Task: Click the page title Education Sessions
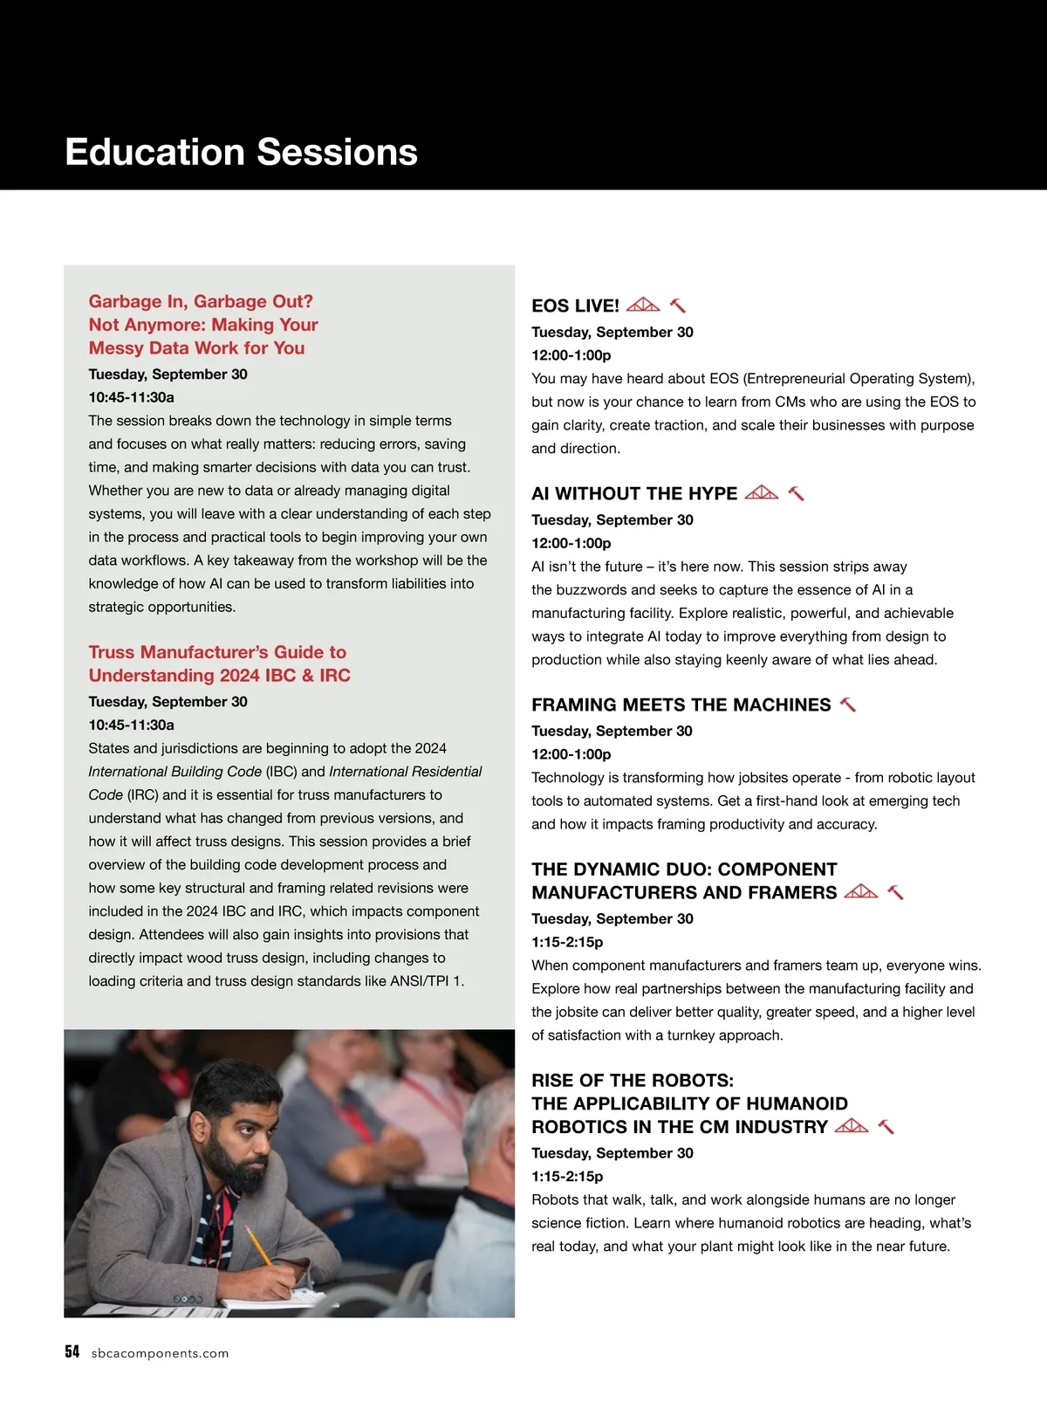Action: [242, 152]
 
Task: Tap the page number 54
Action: [72, 1352]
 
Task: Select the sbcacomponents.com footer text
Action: [160, 1353]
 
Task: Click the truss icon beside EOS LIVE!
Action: [643, 305]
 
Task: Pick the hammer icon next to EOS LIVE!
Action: [678, 306]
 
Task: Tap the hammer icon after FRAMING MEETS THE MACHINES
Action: [847, 704]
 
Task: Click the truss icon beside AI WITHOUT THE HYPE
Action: [762, 492]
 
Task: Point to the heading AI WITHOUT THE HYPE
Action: [634, 493]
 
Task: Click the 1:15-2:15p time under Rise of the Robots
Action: [567, 1176]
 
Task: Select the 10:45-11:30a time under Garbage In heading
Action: [131, 397]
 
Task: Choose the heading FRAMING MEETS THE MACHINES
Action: [681, 704]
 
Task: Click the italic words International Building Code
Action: [174, 772]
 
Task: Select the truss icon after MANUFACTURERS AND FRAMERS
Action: [861, 892]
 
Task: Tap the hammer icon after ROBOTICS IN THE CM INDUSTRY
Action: [886, 1126]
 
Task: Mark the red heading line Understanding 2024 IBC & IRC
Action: [219, 675]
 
